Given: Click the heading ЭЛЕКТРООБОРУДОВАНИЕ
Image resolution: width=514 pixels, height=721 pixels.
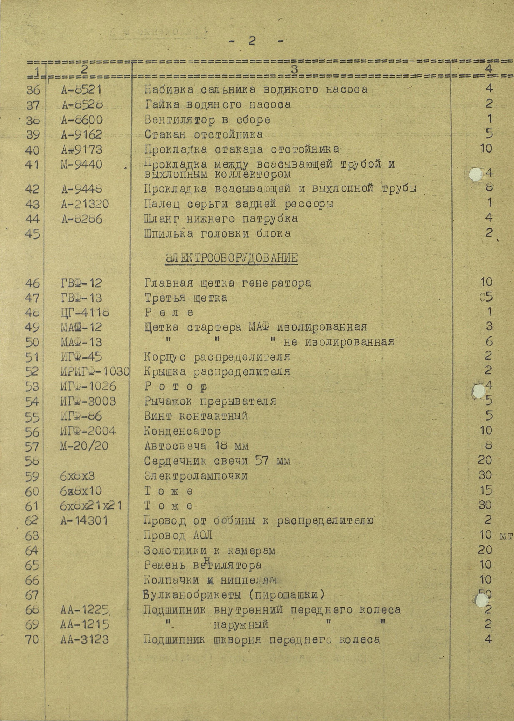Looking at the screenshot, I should click(231, 258).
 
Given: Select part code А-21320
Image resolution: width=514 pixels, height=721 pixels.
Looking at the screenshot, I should click(85, 204).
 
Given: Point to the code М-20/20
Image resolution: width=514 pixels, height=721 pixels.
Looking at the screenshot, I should click(84, 446).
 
